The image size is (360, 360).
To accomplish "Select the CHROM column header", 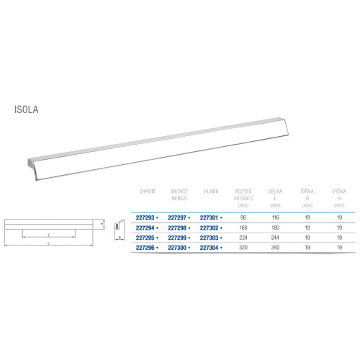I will coord(147,192).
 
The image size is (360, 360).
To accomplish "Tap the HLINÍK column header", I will coord(211,192).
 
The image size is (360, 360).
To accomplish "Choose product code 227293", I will coord(147,216).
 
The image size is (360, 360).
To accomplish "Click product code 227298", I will coord(178,226).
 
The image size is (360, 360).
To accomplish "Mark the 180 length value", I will coord(274,226).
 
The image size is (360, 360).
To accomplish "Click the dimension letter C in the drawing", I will coord(48,234).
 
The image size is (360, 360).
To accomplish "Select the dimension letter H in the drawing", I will coord(102,224).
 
